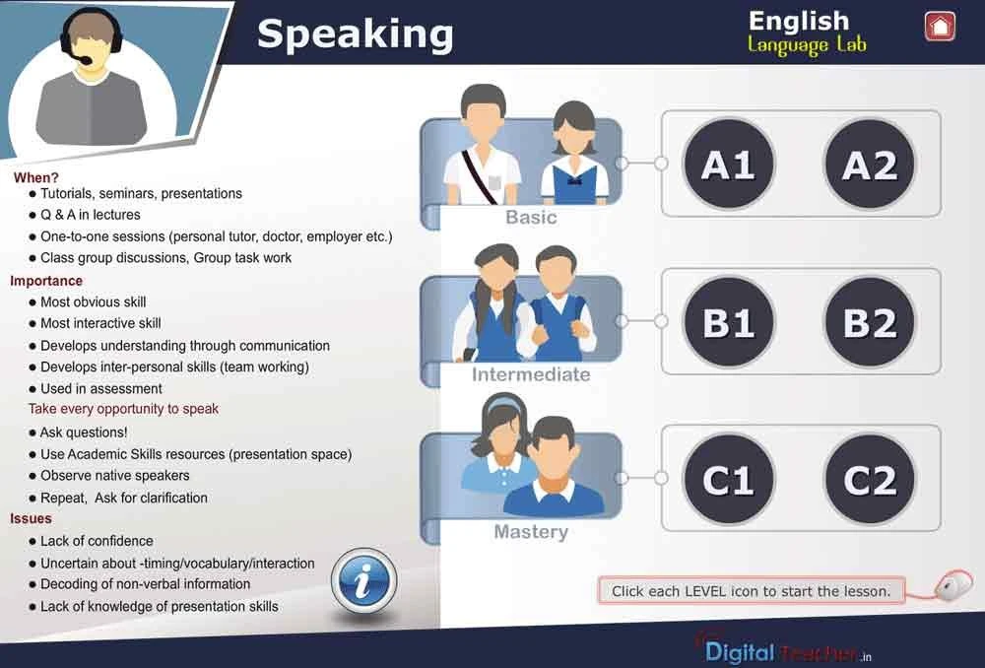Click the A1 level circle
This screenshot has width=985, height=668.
tap(729, 165)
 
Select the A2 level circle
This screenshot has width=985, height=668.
tap(870, 165)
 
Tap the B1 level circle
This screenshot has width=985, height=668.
tap(729, 322)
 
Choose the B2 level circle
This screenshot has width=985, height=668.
tap(870, 322)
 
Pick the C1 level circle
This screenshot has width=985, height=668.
tap(729, 480)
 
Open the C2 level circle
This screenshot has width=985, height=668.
tap(870, 480)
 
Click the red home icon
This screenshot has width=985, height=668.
tap(941, 27)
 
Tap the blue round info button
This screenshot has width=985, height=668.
tap(363, 582)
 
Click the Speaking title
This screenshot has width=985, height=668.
tap(355, 34)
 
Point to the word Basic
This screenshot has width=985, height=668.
tap(531, 217)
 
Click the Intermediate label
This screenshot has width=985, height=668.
tap(531, 374)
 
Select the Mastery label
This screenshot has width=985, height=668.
tap(531, 532)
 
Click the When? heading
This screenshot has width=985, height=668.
tap(36, 178)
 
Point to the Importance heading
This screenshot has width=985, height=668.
tap(46, 281)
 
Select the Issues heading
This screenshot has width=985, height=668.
tap(32, 518)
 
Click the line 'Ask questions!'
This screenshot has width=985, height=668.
tap(84, 433)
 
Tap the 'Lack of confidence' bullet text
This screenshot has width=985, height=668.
tap(97, 541)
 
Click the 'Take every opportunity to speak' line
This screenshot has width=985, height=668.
tap(123, 409)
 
